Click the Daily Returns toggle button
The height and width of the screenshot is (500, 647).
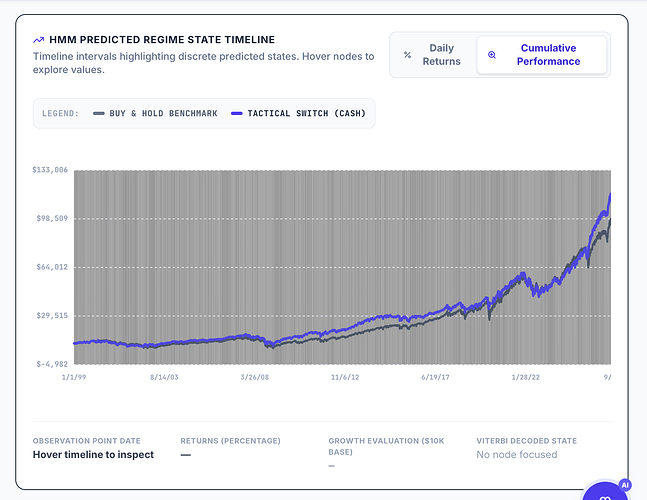[x=433, y=54]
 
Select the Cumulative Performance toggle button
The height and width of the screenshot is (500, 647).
[x=542, y=54]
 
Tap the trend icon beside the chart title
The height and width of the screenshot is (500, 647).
[x=38, y=40]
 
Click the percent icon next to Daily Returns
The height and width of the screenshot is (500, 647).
[x=407, y=54]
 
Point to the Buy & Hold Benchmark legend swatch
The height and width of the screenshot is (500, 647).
[x=99, y=113]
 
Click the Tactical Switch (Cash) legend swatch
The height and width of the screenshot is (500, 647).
[x=236, y=113]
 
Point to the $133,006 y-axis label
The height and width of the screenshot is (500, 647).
[x=50, y=170]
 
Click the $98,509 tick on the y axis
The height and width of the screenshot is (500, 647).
[x=52, y=218]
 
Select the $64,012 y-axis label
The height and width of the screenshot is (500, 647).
[x=52, y=267]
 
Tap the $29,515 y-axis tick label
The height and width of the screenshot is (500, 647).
[x=52, y=316]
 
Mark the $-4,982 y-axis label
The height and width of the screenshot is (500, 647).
[x=52, y=364]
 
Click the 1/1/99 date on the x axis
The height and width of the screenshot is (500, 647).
[x=74, y=377]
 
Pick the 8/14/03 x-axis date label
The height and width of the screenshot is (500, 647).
[x=164, y=377]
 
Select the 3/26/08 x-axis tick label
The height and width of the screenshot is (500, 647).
[x=255, y=377]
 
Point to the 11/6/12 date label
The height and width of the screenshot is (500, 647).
[x=345, y=377]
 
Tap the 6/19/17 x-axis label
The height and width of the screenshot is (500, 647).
[x=435, y=377]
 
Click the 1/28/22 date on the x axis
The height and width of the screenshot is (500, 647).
[x=526, y=377]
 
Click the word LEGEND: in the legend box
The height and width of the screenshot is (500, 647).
[x=60, y=113]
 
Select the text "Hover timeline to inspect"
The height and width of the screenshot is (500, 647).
[x=93, y=455]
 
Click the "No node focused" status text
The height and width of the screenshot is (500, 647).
[x=517, y=455]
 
